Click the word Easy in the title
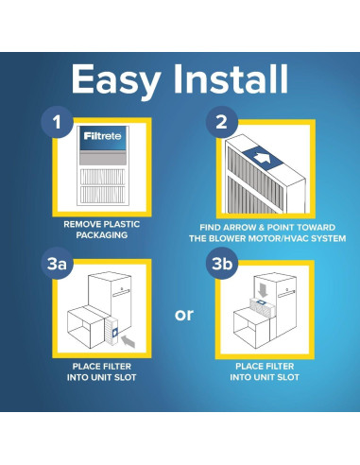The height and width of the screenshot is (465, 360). tap(116, 80)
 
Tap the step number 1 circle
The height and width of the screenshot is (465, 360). tap(57, 122)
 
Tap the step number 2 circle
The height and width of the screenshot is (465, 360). tap(221, 122)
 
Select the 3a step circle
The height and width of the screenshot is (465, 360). tap(57, 264)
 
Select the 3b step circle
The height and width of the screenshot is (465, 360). tap(222, 264)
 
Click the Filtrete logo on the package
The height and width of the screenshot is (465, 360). tap(102, 136)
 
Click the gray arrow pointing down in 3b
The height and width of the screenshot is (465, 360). tap(263, 290)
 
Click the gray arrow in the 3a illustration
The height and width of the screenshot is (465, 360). tap(129, 341)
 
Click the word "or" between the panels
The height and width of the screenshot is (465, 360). tap(184, 315)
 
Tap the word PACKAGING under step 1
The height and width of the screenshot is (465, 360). tap(102, 235)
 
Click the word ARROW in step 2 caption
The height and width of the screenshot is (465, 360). tap(241, 228)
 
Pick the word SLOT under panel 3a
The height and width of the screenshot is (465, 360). tap(125, 377)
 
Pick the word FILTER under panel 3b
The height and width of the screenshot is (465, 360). tap(277, 367)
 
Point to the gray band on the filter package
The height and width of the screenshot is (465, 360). tap(103, 158)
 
